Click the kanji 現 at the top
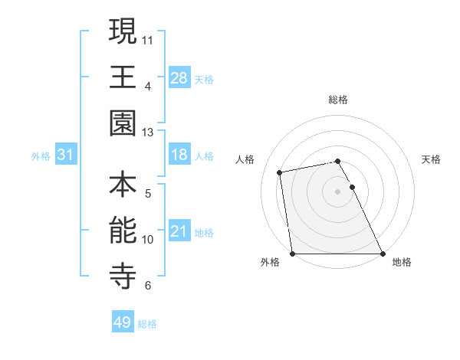(123, 31)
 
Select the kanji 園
(123, 123)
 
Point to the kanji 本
(123, 185)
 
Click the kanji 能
(123, 231)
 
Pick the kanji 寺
(123, 277)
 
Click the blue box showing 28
(179, 77)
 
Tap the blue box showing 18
(179, 155)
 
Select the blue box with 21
(179, 231)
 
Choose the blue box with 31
(65, 155)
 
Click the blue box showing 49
(122, 322)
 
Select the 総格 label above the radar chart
(338, 100)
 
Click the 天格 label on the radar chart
(432, 159)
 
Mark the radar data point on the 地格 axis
(383, 254)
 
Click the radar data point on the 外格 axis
(292, 254)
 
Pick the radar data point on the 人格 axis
(281, 172)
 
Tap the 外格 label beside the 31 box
(41, 155)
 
